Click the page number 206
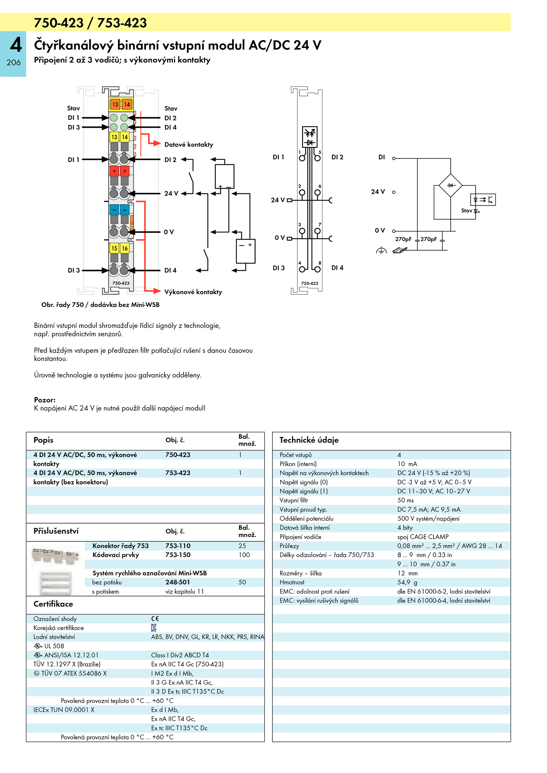point(14,63)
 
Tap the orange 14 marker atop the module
point(127,104)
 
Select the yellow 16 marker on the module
point(125,248)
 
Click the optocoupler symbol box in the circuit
point(483,199)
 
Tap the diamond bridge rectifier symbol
point(451,185)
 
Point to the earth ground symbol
point(381,250)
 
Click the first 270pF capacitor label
point(403,239)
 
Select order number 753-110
point(178,546)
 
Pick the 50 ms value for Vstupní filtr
point(405,500)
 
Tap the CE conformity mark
point(155,619)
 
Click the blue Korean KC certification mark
point(154,627)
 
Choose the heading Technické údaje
point(309,440)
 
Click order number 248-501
point(177,582)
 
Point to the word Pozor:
point(45,400)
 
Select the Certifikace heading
point(53,604)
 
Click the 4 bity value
point(405,528)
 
